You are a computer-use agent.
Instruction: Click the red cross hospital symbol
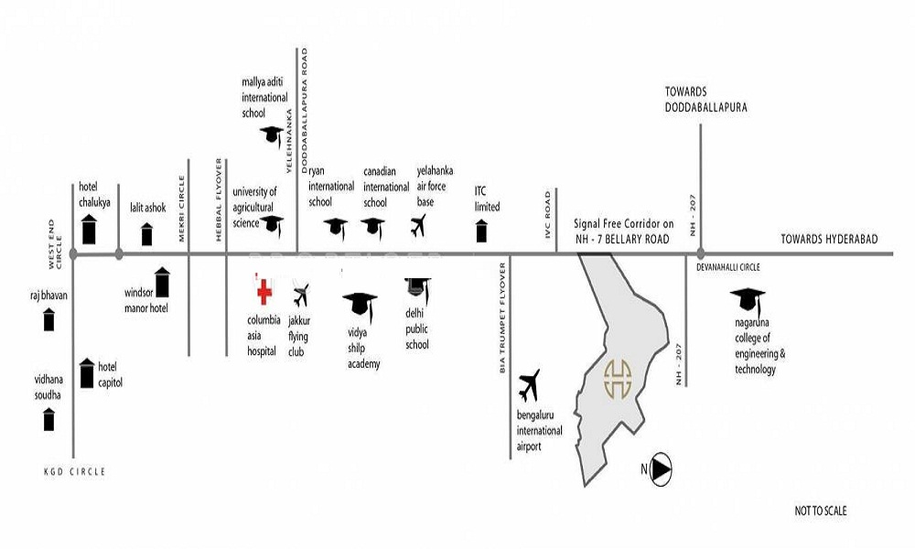pos(264,291)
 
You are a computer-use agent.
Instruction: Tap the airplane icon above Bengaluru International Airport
pos(529,385)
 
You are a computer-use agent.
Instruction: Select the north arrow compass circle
pos(661,469)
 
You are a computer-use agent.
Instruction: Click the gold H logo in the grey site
pos(618,379)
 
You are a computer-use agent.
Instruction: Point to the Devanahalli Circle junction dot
pos(700,253)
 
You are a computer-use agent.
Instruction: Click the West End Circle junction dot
pos(73,253)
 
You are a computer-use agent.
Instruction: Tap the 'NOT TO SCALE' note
pos(821,511)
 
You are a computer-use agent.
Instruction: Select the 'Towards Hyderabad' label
pos(829,239)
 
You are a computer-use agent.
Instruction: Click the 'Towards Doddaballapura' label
pos(706,100)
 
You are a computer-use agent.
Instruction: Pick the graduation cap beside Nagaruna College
pos(748,299)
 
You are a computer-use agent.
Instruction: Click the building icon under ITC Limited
pos(481,231)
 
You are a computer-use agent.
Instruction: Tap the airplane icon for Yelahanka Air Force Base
pos(418,226)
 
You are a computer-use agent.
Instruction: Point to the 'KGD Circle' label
pos(75,471)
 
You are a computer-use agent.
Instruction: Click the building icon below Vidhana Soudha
pos(49,419)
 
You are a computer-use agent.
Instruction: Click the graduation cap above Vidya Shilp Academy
pos(360,305)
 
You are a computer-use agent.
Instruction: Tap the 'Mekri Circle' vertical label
pos(181,209)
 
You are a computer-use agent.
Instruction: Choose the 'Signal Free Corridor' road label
pos(623,231)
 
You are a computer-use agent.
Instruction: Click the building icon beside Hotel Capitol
pos(87,373)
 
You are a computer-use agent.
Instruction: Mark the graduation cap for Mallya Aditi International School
pos(272,136)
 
